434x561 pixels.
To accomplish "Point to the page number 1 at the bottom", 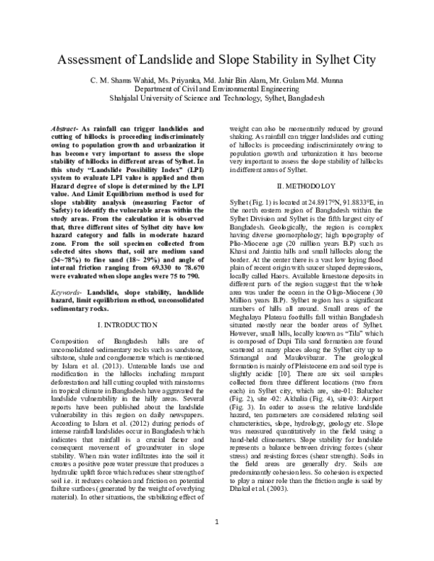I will click(217, 541).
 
